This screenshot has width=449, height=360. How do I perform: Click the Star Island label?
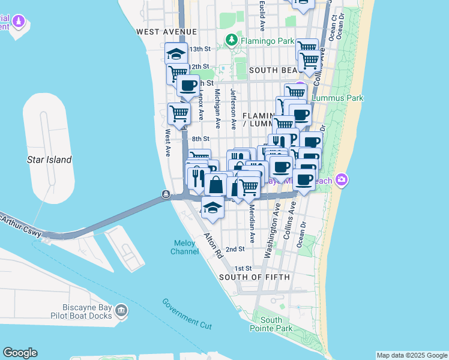click(49, 160)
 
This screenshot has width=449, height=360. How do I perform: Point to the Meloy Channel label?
click(185, 247)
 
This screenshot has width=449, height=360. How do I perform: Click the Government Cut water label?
click(187, 313)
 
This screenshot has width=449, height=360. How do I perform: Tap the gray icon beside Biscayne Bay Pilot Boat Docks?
click(121, 310)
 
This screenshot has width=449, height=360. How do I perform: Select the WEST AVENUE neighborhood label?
click(166, 31)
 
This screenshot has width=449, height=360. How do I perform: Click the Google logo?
click(20, 353)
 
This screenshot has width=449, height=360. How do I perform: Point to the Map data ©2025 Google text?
click(412, 355)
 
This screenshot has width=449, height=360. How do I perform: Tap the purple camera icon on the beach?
click(342, 179)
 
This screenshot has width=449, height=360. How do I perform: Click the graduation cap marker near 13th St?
click(176, 53)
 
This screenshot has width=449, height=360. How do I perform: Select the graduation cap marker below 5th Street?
click(212, 208)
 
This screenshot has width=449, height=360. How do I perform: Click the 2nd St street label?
click(235, 248)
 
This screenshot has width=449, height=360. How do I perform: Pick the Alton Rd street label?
click(212, 245)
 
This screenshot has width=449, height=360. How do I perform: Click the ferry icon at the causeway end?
click(166, 194)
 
